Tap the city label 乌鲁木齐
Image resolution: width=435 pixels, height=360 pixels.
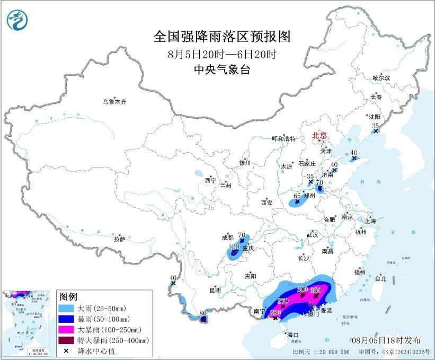click(x=116, y=101)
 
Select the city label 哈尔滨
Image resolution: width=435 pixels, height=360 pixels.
click(x=381, y=77)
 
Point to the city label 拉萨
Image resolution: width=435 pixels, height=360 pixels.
click(x=119, y=239)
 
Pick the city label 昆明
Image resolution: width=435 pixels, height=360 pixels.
click(x=215, y=290)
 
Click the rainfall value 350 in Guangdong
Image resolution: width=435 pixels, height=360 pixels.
click(x=316, y=290)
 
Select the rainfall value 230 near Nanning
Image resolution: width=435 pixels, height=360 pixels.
click(x=276, y=312)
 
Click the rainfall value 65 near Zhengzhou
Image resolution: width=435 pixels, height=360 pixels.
click(x=297, y=196)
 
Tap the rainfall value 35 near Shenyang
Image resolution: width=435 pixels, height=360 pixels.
click(x=376, y=126)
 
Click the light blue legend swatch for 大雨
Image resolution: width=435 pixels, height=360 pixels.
click(x=67, y=308)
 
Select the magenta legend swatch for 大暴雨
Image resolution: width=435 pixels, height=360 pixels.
click(x=67, y=329)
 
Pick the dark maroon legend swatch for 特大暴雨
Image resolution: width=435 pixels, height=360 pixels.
click(x=67, y=340)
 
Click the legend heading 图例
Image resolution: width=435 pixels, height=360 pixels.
click(x=68, y=296)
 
